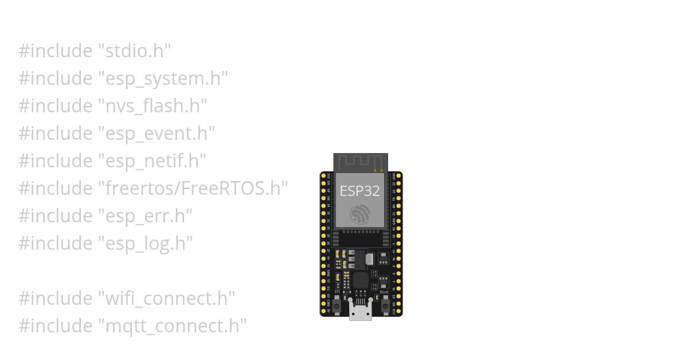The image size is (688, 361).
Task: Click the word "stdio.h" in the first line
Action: [x=138, y=51]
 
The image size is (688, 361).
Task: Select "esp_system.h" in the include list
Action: [x=166, y=79]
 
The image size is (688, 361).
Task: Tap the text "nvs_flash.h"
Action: [x=156, y=106]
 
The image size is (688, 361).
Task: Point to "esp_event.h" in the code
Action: [x=160, y=134]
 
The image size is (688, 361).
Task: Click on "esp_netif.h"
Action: [x=155, y=161]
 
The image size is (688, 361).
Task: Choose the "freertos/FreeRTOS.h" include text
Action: [x=197, y=188]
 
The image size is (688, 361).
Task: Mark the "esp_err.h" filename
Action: [x=148, y=216]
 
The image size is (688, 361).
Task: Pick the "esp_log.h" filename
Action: [x=148, y=244]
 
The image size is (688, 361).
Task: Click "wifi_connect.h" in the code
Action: [x=170, y=299]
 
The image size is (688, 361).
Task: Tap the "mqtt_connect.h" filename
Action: [x=175, y=326]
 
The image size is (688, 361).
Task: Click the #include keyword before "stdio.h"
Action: [x=56, y=51]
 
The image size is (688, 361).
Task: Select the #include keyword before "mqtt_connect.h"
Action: [x=56, y=326]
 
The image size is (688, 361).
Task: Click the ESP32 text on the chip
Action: [x=360, y=191]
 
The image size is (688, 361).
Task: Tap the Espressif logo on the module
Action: [x=361, y=214]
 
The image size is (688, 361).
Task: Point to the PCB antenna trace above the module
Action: [x=361, y=162]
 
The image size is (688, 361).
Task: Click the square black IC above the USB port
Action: [x=361, y=280]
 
